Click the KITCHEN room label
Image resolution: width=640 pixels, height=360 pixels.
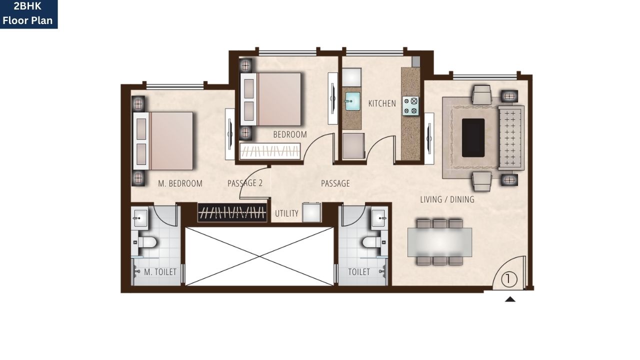pyautogui.click(x=382, y=103)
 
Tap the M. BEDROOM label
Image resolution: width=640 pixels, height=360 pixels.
pyautogui.click(x=180, y=183)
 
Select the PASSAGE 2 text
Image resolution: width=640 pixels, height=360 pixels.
pyautogui.click(x=245, y=183)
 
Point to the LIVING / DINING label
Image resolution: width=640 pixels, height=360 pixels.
pyautogui.click(x=447, y=199)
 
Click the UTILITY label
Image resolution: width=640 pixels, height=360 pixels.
pyautogui.click(x=286, y=213)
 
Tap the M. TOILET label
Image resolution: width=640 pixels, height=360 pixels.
pyautogui.click(x=160, y=272)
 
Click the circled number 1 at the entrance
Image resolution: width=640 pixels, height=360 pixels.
pyautogui.click(x=508, y=279)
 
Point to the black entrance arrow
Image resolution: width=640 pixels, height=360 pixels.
pyautogui.click(x=509, y=299)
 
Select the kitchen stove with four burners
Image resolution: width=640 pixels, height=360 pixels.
pyautogui.click(x=410, y=106)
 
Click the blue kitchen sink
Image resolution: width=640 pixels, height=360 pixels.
pyautogui.click(x=352, y=101)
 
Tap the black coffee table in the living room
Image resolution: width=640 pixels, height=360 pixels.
pyautogui.click(x=473, y=137)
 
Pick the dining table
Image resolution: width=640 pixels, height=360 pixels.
pyautogui.click(x=439, y=242)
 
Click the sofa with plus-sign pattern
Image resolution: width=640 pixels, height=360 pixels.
pyautogui.click(x=510, y=137)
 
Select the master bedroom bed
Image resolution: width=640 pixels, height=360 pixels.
pyautogui.click(x=164, y=140)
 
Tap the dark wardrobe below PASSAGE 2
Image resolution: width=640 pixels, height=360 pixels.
pyautogui.click(x=231, y=212)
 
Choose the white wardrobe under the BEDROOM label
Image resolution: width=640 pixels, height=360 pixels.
pyautogui.click(x=270, y=151)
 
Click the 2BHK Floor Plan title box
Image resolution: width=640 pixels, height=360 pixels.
pyautogui.click(x=28, y=14)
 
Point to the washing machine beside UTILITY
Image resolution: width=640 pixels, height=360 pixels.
pyautogui.click(x=312, y=212)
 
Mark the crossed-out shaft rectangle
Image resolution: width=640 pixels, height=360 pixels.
pyautogui.click(x=259, y=256)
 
